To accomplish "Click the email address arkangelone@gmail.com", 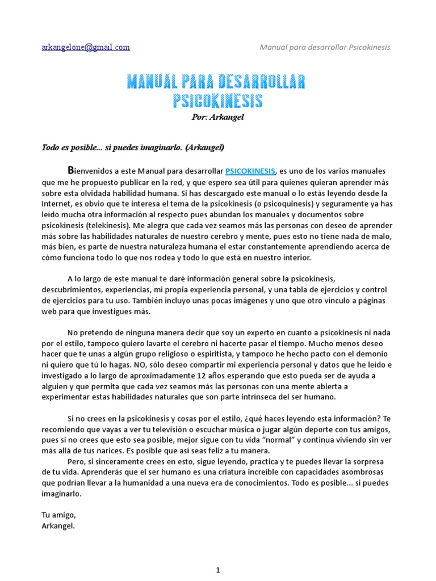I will click(86, 47).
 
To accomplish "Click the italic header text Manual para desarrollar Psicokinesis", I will click(325, 47).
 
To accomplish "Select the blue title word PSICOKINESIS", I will click(217, 101).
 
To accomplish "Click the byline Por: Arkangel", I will click(217, 117).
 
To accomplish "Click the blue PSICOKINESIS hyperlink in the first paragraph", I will click(250, 171).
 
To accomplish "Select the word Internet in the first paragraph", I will click(56, 204).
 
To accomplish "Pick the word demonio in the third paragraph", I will click(376, 354).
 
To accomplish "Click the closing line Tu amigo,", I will click(58, 515).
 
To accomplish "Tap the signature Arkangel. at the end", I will click(58, 526).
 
